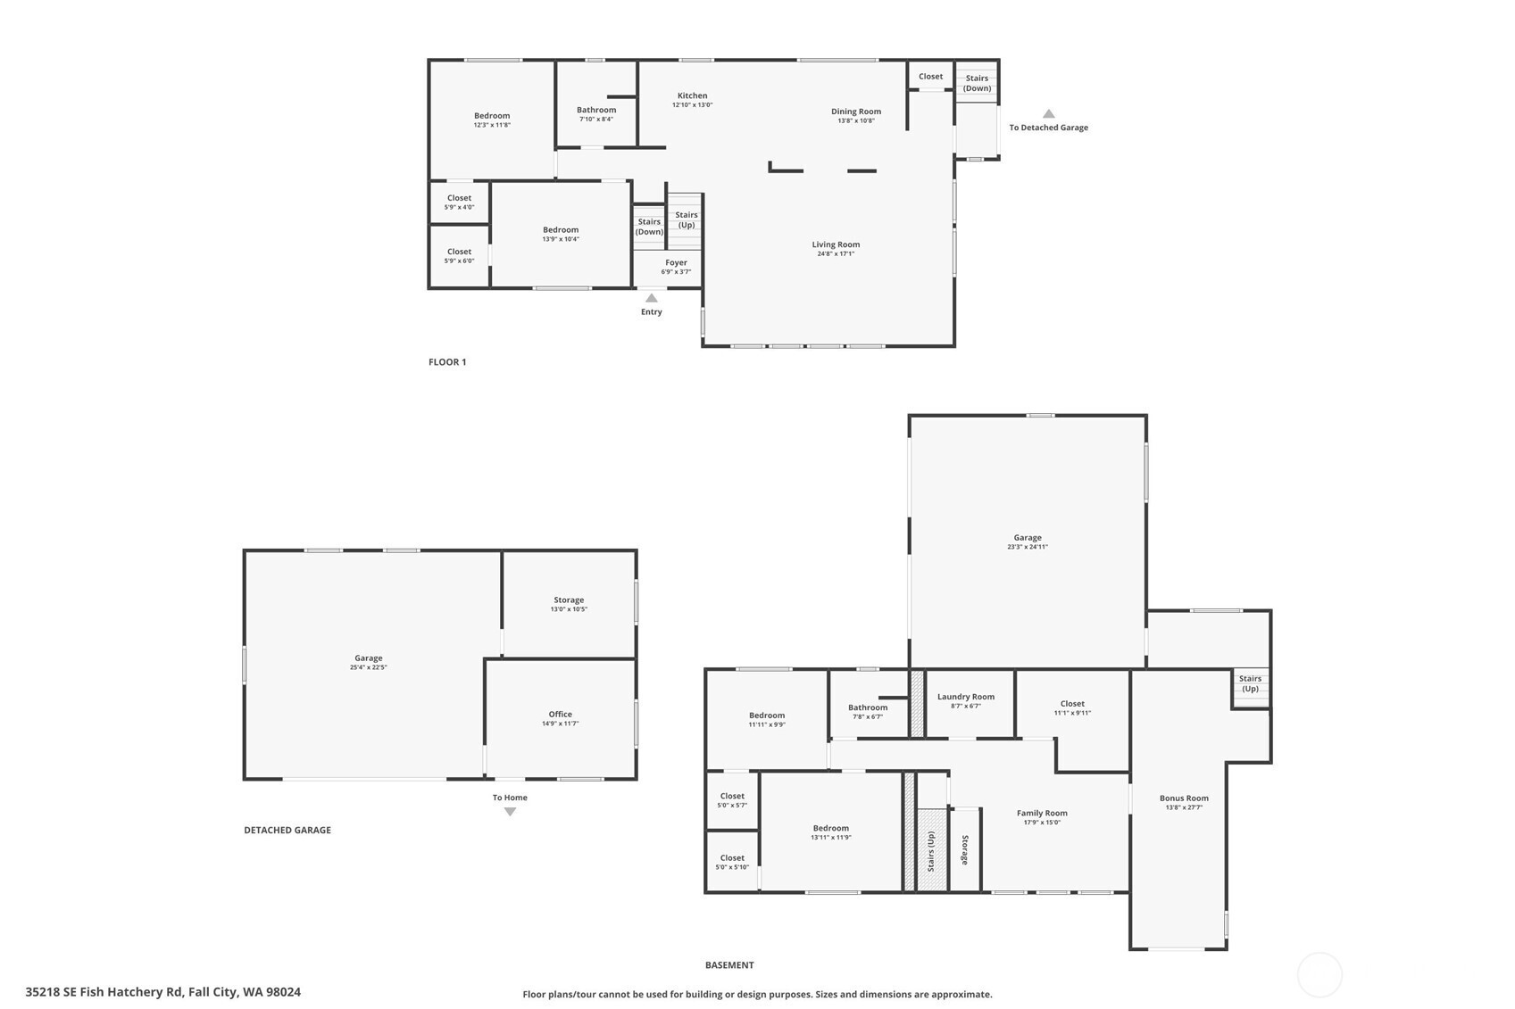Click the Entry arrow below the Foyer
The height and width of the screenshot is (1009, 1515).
coord(652,298)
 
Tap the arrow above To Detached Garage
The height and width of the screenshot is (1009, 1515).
coord(1048,113)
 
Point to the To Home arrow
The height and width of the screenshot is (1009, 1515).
coord(510,812)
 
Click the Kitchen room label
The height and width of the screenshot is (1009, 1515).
coord(693,96)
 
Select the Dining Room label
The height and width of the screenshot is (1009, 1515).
coord(856,112)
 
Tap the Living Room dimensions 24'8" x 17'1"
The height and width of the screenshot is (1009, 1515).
coord(836,254)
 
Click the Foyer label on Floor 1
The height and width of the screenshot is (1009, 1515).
coord(677,263)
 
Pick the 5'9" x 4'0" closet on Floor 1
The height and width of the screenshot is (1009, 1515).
coord(459,203)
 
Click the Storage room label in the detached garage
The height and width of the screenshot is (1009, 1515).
coord(569,600)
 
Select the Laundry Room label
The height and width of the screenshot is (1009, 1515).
coord(966,697)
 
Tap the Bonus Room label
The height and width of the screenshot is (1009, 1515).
coord(1184,798)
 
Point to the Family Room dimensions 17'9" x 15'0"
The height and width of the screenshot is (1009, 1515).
coord(1042,823)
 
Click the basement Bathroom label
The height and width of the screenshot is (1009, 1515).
coord(868,707)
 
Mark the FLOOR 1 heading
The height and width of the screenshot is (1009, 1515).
coord(447,362)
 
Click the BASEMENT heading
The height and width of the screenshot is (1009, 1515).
coord(729,965)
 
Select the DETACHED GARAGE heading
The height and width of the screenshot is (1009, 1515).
coord(287,830)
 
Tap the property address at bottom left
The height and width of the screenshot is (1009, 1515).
coord(163,992)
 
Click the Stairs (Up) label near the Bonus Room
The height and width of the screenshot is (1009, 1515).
coord(1250,683)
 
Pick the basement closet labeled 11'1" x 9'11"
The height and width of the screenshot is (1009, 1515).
coord(1072,707)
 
